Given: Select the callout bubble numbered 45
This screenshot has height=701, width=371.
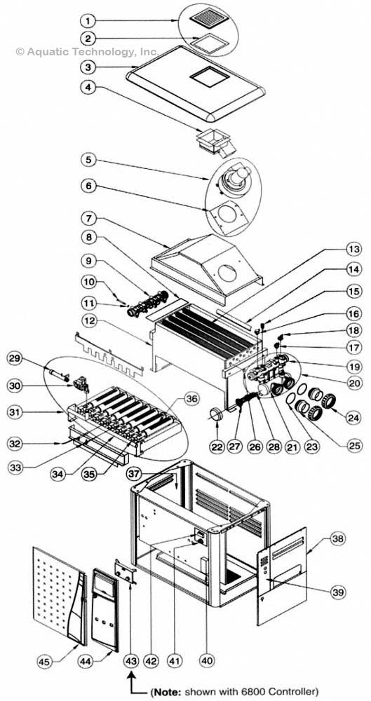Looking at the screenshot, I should [x=43, y=660].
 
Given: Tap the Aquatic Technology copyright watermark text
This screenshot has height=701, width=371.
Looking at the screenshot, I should [x=86, y=52].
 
